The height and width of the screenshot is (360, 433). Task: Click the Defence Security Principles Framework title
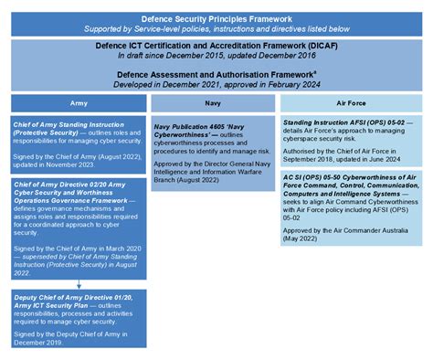click(x=216, y=17)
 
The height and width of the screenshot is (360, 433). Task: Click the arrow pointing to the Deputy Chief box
click(x=79, y=284)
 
